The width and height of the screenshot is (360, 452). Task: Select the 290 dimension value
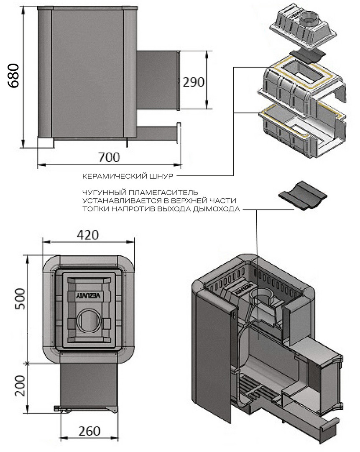194,82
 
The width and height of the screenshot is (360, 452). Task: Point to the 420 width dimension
88,235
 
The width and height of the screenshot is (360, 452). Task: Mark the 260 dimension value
89,431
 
